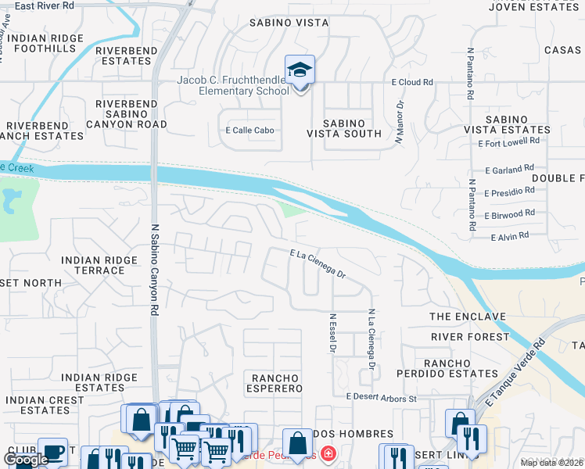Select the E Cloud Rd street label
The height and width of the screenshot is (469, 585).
[412, 82]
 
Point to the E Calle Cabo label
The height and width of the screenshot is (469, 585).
[249, 131]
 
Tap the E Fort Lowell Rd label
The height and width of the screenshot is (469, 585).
[509, 141]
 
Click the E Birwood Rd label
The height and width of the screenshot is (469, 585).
[509, 213]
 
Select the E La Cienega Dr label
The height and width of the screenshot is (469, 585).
[318, 263]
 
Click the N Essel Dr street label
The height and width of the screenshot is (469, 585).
[332, 331]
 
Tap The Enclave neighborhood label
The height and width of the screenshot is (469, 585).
[468, 317]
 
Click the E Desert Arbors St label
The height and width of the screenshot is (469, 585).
[382, 397]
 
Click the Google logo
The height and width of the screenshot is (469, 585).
[26, 460]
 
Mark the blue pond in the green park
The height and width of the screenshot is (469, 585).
[10, 200]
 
